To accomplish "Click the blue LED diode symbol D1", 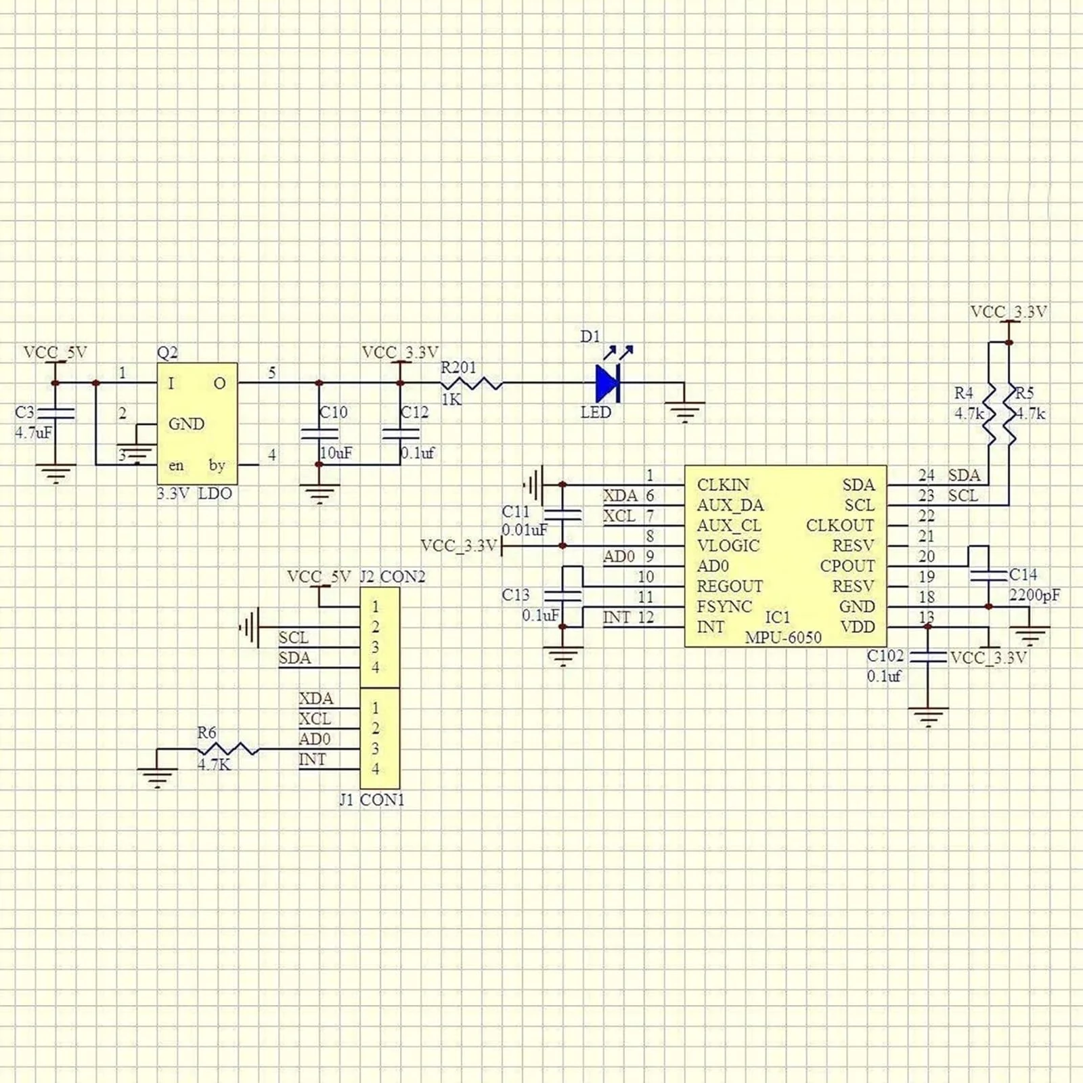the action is click(607, 383).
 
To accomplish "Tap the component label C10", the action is click(334, 412).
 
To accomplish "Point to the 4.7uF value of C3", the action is click(32, 433).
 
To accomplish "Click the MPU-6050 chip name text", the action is click(783, 638).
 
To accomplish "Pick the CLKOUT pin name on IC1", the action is click(840, 526).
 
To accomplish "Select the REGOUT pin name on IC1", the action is click(730, 586).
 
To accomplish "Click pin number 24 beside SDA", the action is click(926, 475).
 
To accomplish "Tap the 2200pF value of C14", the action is click(1035, 595).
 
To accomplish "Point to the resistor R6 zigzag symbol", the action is click(228, 749).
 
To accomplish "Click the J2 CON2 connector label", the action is click(393, 577).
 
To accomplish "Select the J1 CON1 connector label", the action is click(372, 800).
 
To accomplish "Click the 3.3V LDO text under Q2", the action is click(194, 493).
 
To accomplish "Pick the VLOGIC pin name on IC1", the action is click(728, 546).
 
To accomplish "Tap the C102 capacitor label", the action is click(885, 656).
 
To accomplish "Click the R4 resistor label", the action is click(964, 393).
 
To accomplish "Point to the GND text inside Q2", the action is click(186, 424).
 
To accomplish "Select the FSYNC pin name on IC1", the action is click(724, 606).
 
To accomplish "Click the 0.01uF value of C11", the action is click(525, 530).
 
